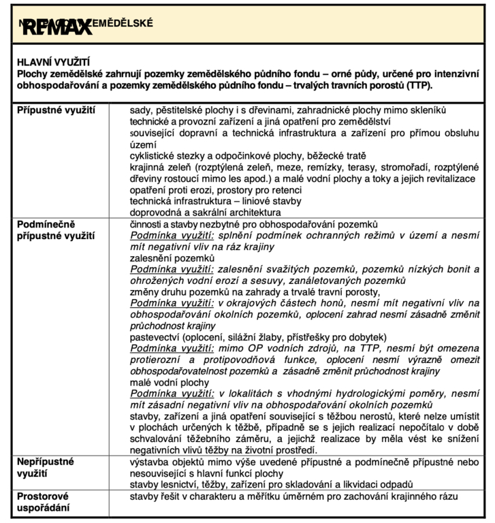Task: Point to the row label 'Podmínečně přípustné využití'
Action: (x=57, y=229)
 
